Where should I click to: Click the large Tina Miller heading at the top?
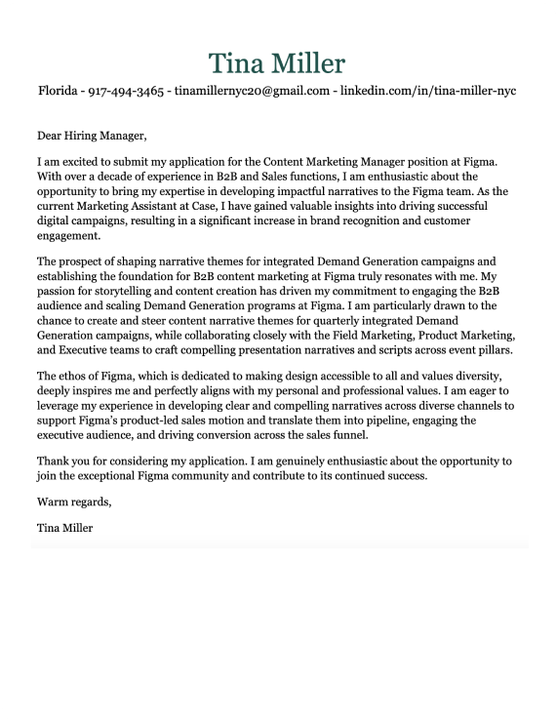pos(277,64)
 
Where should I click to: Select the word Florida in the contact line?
pos(58,92)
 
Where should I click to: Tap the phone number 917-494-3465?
pos(126,92)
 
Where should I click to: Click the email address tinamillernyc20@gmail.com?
pos(252,92)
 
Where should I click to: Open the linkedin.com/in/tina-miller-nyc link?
pos(427,92)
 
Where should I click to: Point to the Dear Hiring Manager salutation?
pos(91,136)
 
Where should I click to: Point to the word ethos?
pos(76,377)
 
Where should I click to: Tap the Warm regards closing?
pos(74,502)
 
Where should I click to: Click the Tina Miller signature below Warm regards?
pos(65,528)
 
